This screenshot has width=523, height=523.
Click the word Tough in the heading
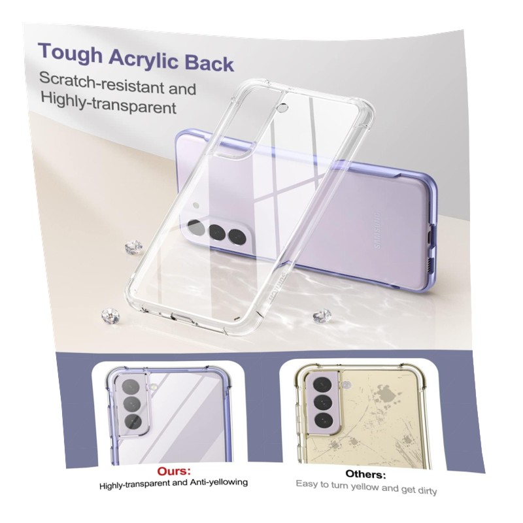[71, 53]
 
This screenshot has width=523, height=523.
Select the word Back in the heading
[209, 63]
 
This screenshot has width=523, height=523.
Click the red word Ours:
[174, 471]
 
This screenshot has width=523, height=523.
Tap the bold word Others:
[365, 474]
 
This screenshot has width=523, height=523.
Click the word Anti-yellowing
[219, 482]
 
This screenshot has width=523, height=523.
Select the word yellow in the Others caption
[362, 486]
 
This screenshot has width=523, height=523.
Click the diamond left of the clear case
[134, 247]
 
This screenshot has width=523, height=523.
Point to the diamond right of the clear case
[323, 315]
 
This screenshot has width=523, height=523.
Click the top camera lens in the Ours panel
[130, 388]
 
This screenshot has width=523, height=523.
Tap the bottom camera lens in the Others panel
[323, 420]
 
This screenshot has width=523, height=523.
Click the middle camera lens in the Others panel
[322, 401]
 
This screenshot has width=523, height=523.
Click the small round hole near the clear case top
[283, 108]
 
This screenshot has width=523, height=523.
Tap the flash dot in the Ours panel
[154, 386]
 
